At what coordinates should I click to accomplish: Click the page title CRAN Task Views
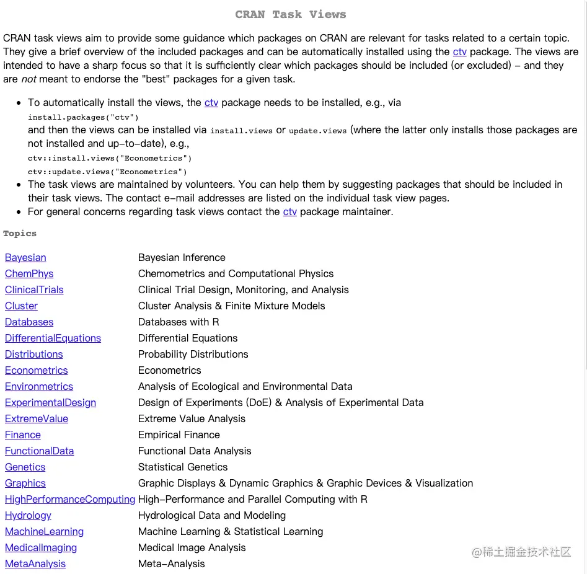pos(291,14)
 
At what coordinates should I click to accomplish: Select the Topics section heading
pos(20,234)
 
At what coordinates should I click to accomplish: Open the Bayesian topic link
pos(25,258)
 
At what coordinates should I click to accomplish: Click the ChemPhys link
pos(29,274)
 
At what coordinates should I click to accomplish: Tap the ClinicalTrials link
pos(34,290)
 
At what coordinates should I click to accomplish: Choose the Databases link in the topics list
pos(29,322)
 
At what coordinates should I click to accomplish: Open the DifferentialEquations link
pos(53,338)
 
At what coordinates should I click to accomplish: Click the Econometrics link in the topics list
pos(37,371)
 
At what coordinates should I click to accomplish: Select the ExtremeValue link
pos(37,419)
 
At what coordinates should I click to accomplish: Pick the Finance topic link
pos(23,435)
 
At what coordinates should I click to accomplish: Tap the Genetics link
pos(25,467)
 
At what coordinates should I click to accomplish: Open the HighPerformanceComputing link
pos(70,500)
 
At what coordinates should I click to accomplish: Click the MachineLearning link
pos(44,532)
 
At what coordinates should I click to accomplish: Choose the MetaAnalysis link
pos(35,564)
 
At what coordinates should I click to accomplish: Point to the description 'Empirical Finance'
pos(179,435)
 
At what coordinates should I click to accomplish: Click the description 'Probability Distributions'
pos(193,355)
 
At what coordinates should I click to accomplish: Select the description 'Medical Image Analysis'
pos(192,548)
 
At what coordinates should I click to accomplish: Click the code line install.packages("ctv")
pos(83,117)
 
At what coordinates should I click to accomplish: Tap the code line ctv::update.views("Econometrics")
pos(107,172)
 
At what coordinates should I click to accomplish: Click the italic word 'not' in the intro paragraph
pos(29,79)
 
